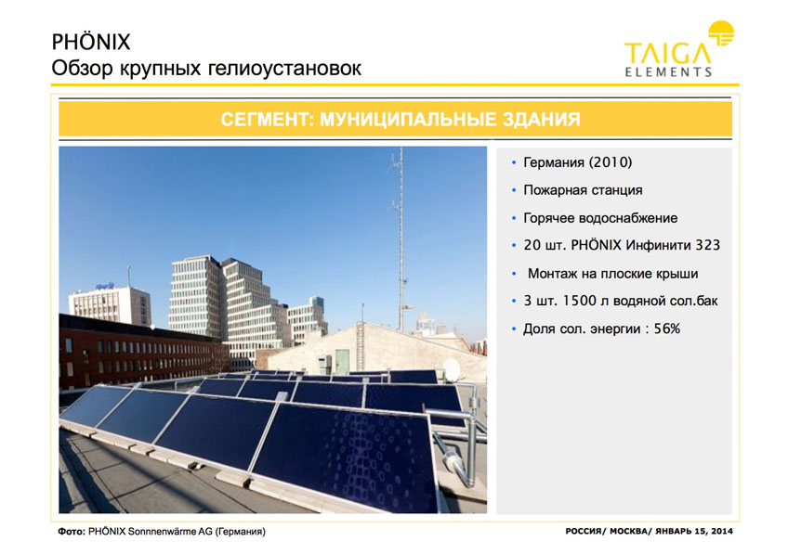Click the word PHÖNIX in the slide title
(91, 42)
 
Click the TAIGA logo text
(668, 54)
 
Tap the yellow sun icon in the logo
(721, 33)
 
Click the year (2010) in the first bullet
(611, 162)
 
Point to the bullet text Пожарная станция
(583, 190)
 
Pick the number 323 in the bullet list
(707, 245)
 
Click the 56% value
(667, 329)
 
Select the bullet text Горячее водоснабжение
(600, 218)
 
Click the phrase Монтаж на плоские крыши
(612, 274)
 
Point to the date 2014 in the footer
(722, 531)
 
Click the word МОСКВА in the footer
(628, 531)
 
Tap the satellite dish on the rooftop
(452, 370)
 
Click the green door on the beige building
(342, 362)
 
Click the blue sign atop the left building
(104, 286)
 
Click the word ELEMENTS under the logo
(668, 71)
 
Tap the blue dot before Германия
(514, 162)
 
